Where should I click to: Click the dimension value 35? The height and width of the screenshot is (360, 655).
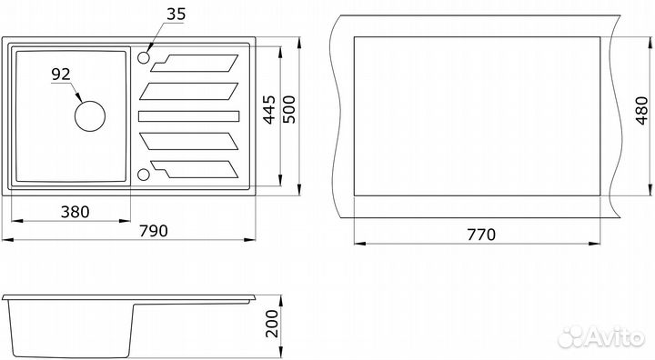(176, 14)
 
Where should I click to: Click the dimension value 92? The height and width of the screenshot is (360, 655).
(61, 74)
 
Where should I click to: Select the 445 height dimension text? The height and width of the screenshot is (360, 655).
(269, 110)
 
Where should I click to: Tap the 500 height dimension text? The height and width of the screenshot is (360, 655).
(289, 110)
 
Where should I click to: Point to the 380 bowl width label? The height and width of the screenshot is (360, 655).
(76, 212)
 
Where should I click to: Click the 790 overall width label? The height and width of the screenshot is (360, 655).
(154, 231)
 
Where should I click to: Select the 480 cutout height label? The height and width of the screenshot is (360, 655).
(641, 111)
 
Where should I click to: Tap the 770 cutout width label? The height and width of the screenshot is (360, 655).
(481, 235)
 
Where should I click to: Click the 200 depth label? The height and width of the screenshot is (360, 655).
(272, 324)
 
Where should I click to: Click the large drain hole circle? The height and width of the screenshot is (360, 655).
(90, 116)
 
